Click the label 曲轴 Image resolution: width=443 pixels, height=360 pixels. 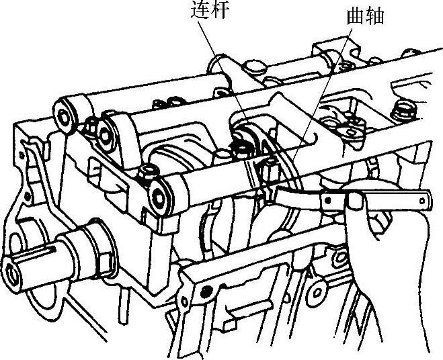coord(365,16)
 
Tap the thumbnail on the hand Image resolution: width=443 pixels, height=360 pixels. coord(354,200)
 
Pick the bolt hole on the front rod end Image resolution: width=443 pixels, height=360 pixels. coord(159,196)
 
